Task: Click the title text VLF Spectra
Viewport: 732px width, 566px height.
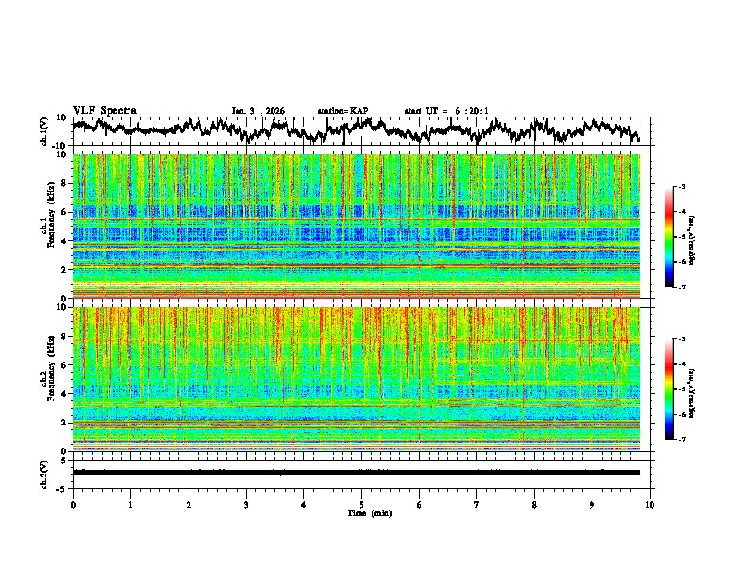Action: point(104,111)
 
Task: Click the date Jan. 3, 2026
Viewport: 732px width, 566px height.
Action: point(258,111)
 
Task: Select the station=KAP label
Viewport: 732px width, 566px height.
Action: point(343,111)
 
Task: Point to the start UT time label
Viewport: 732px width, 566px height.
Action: point(446,111)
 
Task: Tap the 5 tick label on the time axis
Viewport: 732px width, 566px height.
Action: point(361,504)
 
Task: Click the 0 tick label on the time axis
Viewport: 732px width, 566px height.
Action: point(73,504)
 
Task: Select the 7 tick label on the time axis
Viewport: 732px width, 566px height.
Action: point(477,504)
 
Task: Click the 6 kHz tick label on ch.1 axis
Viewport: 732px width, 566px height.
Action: point(65,212)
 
